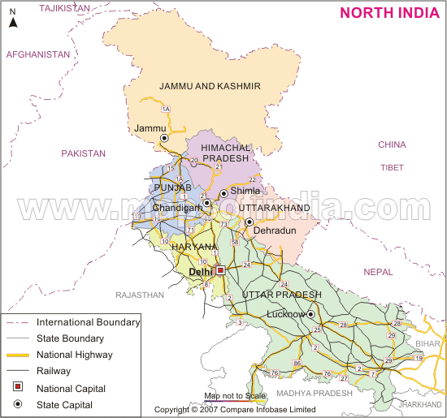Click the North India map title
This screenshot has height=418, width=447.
tap(389, 12)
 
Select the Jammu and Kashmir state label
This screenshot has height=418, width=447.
tap(210, 86)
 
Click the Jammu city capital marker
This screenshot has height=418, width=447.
tap(164, 139)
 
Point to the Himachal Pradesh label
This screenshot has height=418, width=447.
tap(219, 152)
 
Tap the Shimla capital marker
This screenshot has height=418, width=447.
tap(223, 193)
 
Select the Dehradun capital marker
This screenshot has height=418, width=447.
tap(250, 222)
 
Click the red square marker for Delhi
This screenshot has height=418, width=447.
tap(219, 271)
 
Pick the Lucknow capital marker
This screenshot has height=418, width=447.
tap(310, 313)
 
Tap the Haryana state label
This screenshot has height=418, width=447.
tap(193, 246)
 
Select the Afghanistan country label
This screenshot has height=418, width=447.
tap(38, 54)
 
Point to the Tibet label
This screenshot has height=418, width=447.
tap(392, 167)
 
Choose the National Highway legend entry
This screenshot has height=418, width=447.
tap(74, 355)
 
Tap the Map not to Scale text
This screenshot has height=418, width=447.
tap(235, 395)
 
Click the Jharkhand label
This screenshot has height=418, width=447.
tap(420, 403)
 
